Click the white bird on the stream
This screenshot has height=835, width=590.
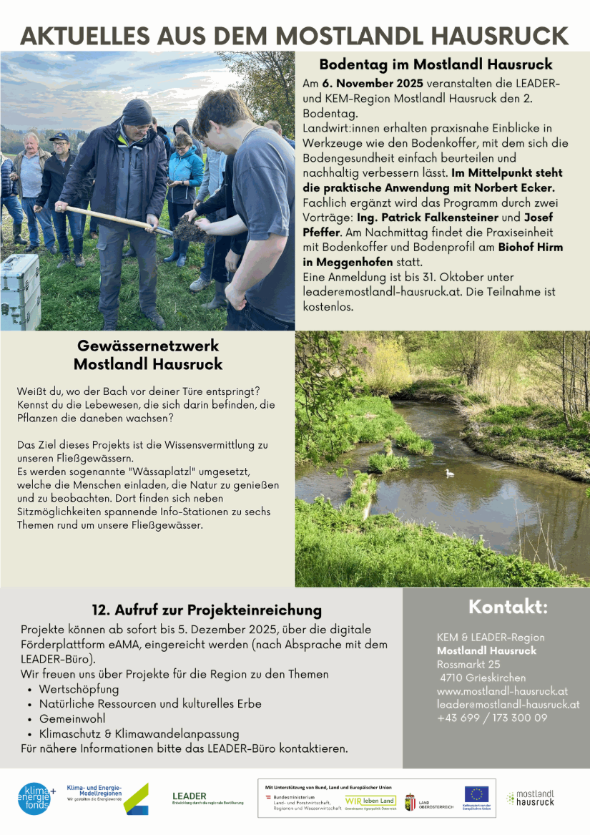(x=449, y=473)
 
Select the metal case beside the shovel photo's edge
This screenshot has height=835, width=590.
(x=19, y=290)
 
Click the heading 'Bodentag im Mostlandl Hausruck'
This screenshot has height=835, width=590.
(x=436, y=64)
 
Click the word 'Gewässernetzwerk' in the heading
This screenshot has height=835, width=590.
(x=148, y=346)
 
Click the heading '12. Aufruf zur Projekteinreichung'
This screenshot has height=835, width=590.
(x=207, y=610)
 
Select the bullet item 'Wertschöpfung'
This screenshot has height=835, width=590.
(x=79, y=689)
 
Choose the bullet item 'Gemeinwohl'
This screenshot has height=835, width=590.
(x=72, y=718)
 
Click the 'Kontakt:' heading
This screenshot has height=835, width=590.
(x=508, y=607)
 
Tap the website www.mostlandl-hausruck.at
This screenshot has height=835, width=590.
(x=502, y=691)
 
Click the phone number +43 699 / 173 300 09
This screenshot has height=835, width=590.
(x=492, y=718)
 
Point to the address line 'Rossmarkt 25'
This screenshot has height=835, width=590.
(x=468, y=664)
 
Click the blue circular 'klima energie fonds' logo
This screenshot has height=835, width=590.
(x=35, y=799)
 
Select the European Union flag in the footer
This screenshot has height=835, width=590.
(x=476, y=794)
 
